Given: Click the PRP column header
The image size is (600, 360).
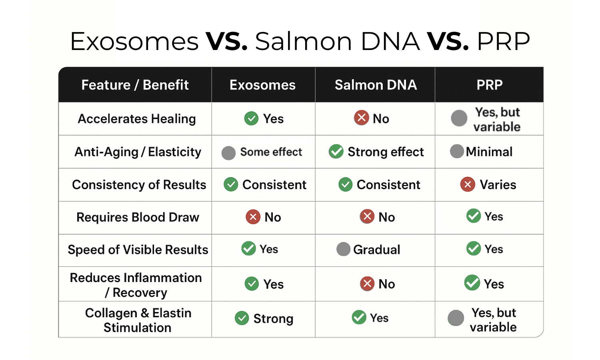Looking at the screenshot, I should click(489, 85).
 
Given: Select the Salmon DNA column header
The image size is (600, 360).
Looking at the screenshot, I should click(376, 85).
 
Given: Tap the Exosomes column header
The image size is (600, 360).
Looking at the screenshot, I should click(262, 85).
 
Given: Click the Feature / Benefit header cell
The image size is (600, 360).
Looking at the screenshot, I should click(135, 85).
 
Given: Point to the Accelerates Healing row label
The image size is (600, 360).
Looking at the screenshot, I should click(137, 119).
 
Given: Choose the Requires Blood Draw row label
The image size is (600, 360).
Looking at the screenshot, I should click(138, 217).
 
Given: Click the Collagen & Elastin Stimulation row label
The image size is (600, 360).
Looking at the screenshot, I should click(138, 320).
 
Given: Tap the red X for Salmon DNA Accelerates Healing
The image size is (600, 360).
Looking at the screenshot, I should click(361, 118).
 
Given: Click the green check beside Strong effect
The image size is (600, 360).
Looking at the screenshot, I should click(336, 152).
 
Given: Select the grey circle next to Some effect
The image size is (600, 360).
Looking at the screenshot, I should click(228, 153).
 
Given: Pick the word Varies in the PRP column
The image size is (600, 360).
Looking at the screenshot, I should click(498, 185).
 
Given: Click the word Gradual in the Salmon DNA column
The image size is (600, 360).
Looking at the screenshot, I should click(376, 250).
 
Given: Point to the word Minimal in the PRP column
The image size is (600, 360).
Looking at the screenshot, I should click(489, 152).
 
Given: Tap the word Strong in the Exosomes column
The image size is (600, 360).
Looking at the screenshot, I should click(273, 319).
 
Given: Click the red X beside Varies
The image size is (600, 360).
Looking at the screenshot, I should click(467, 184).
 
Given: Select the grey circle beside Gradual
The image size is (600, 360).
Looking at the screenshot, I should click(343, 249).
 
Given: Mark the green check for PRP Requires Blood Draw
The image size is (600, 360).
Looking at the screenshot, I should click(474, 216).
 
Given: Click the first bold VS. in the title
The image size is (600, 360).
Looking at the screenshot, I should click(226, 41).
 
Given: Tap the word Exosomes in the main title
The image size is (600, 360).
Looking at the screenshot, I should click(134, 41).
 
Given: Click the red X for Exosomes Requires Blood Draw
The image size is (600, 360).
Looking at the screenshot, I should click(253, 217).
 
